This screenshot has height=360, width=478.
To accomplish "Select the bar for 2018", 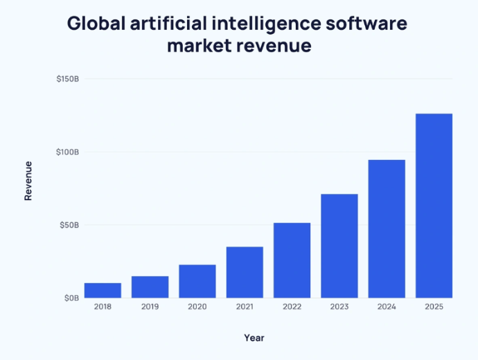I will tap(103, 290).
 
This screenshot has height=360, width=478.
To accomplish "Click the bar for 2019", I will tap(150, 287).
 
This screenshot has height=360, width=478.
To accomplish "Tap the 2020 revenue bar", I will tap(197, 281).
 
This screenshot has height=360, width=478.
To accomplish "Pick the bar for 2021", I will tap(245, 272).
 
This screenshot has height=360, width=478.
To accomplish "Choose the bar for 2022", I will tap(292, 260).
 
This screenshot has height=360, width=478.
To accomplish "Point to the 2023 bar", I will tap(339, 246).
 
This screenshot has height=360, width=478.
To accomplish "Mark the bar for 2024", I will tap(387, 228).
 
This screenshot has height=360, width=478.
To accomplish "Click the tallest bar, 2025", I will tap(434, 206).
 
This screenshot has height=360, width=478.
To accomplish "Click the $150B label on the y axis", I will tap(68, 79).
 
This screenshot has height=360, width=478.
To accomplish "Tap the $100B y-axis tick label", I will tap(68, 152).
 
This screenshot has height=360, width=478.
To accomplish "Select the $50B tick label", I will tap(69, 225).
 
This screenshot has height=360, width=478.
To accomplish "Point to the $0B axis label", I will tap(72, 298).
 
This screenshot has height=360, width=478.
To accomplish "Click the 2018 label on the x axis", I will tap(103, 307).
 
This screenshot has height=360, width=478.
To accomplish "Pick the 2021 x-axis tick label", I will tap(245, 307).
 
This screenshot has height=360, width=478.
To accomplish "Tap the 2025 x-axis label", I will tap(434, 307).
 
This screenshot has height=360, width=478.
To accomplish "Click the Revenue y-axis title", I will tap(28, 181).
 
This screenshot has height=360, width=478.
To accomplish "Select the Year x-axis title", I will tap(254, 338).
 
